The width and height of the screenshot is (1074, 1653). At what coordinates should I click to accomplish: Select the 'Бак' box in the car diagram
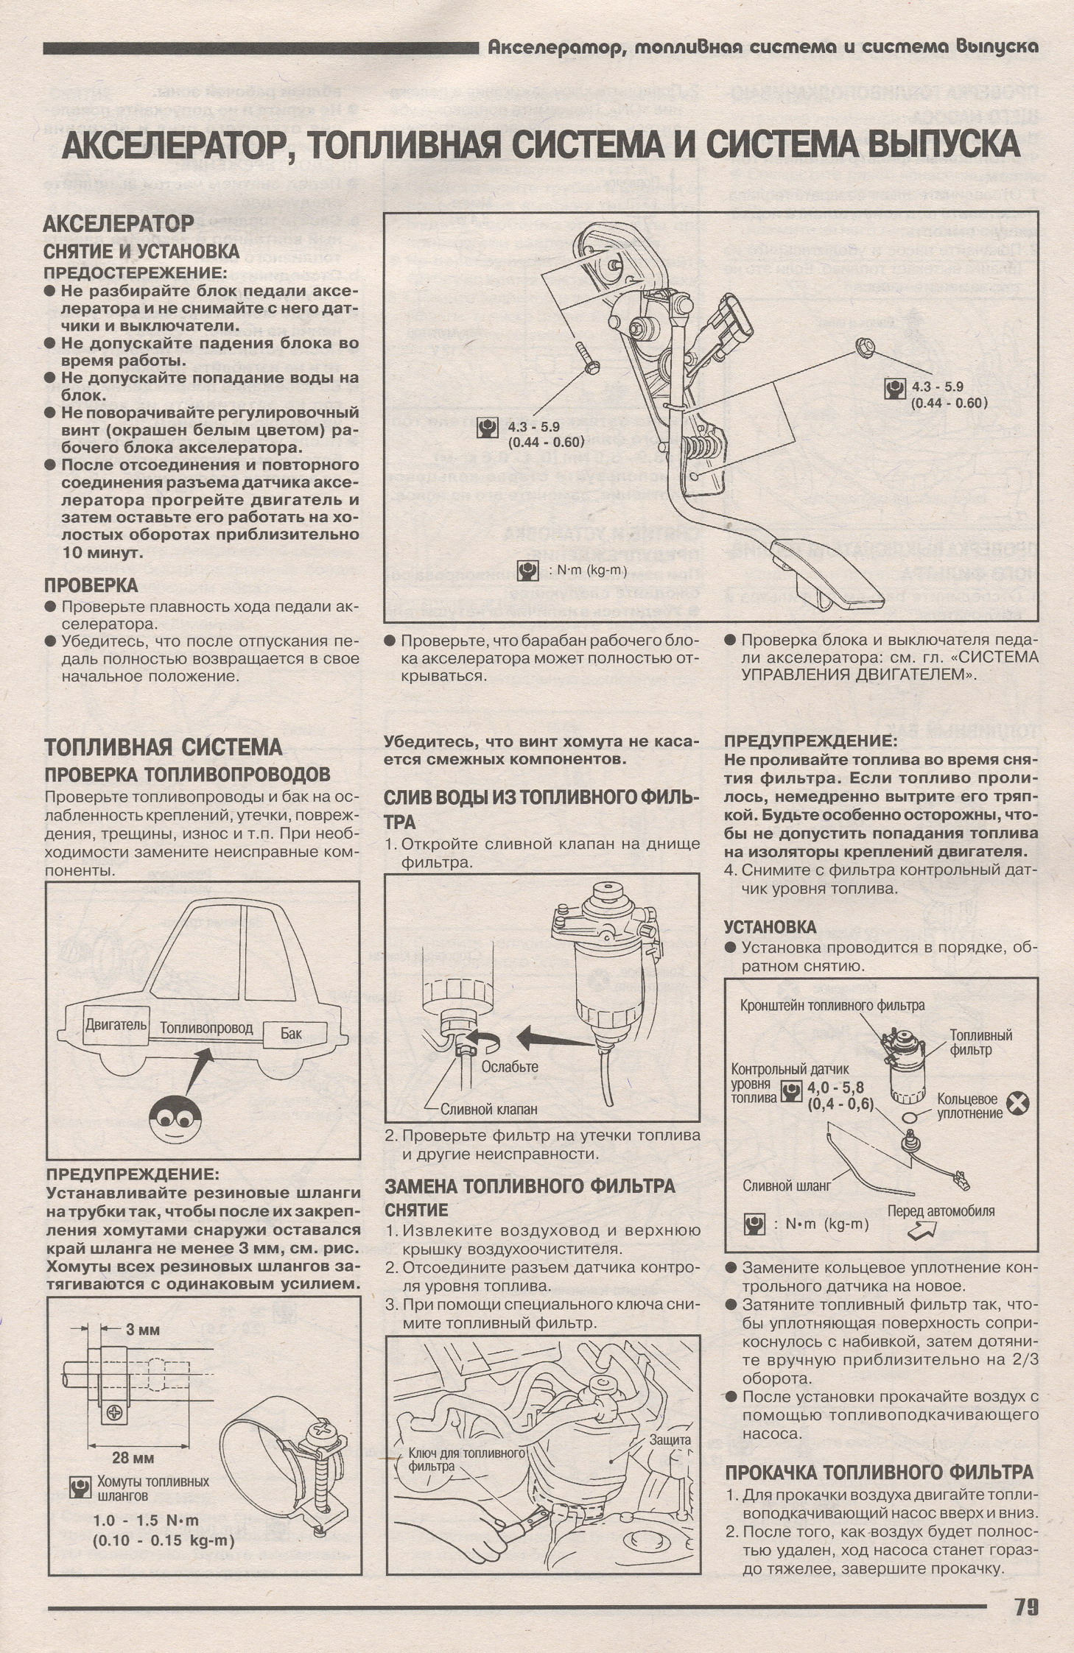pyautogui.click(x=291, y=1033)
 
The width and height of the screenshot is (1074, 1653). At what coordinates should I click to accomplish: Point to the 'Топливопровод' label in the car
pyautogui.click(x=206, y=1028)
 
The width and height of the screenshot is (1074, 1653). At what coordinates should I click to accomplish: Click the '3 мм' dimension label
pyautogui.click(x=142, y=1330)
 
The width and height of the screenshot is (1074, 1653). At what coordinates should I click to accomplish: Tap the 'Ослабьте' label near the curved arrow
pyautogui.click(x=510, y=1066)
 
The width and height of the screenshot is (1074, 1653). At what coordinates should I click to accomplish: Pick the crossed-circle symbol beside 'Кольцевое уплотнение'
pyautogui.click(x=1017, y=1102)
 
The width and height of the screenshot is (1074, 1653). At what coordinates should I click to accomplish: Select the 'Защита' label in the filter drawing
pyautogui.click(x=670, y=1439)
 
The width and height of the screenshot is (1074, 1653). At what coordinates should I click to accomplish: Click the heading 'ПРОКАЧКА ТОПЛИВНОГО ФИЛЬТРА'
pyautogui.click(x=879, y=1472)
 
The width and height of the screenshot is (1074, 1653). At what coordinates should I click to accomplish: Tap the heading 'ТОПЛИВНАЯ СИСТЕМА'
pyautogui.click(x=164, y=747)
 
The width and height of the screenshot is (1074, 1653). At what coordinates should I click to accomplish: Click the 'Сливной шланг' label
pyautogui.click(x=787, y=1185)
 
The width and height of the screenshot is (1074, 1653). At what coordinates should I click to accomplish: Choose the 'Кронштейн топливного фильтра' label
pyautogui.click(x=832, y=1005)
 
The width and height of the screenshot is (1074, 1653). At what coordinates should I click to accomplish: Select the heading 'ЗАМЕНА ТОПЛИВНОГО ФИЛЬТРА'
pyautogui.click(x=530, y=1185)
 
